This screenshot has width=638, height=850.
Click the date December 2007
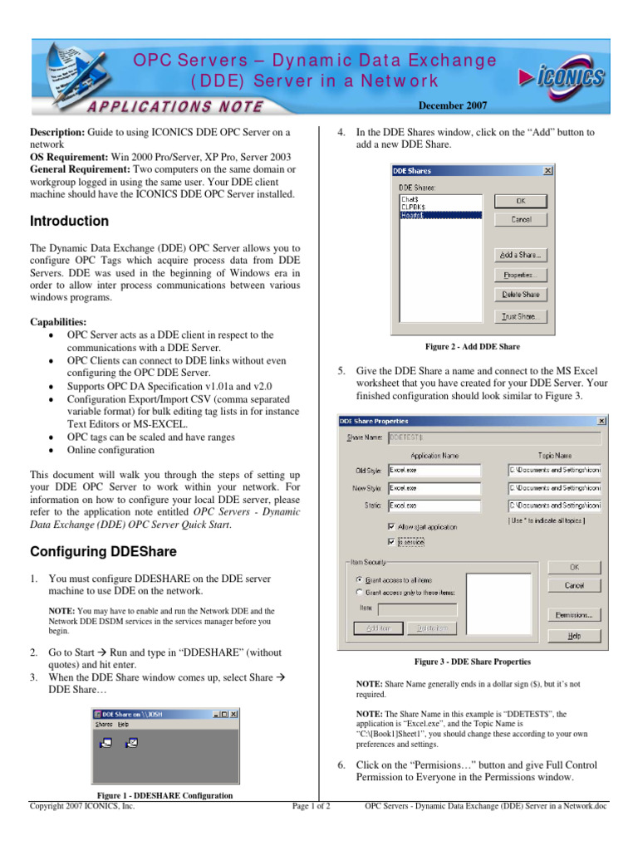click(452, 105)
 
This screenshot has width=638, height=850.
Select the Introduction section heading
click(69, 222)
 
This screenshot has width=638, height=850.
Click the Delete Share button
click(520, 295)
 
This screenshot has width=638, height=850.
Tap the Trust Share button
click(520, 316)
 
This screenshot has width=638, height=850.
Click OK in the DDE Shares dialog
click(520, 200)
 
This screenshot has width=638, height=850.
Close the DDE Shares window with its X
click(547, 171)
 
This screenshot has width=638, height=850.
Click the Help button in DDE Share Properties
click(573, 636)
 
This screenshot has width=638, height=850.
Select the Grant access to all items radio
click(359, 579)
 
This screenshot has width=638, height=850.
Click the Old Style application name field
click(434, 470)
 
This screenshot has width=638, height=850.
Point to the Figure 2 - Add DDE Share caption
click(472, 346)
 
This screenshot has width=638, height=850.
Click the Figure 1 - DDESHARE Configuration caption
click(164, 795)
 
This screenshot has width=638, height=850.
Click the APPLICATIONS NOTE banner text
click(174, 106)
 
